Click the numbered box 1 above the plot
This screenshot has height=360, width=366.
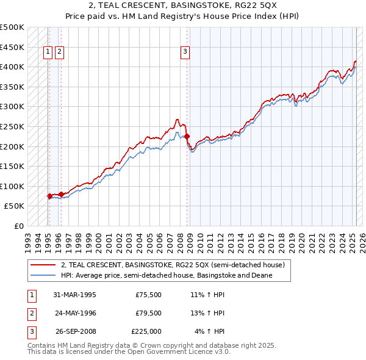(x=48, y=52)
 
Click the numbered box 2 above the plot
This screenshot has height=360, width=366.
(x=59, y=52)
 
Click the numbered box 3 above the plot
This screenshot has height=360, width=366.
(x=185, y=52)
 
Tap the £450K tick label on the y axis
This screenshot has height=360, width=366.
(x=12, y=47)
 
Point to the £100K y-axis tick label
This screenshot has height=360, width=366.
(x=12, y=186)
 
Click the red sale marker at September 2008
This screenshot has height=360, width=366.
(x=187, y=137)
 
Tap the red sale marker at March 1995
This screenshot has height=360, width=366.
(x=49, y=196)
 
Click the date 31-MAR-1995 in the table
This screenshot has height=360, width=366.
(x=75, y=294)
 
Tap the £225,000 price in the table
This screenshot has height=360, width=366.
(x=146, y=332)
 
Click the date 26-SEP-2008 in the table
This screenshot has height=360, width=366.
(x=76, y=332)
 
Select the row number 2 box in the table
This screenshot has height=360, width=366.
(x=30, y=313)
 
